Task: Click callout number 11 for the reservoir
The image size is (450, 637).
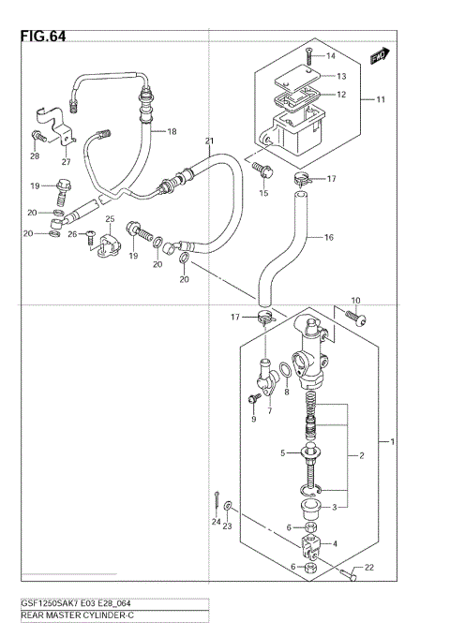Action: coord(382,99)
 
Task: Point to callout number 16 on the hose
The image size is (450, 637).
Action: coord(329,238)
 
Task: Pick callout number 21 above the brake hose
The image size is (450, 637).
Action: coord(209,141)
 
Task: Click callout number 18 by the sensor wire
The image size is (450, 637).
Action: coord(172,132)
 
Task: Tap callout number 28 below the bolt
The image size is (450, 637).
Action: coord(35,156)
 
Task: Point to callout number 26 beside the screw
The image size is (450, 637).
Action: coord(71,234)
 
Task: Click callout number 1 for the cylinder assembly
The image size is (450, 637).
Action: coord(392,441)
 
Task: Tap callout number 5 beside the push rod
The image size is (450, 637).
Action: coord(255,453)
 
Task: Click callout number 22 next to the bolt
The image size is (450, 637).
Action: coord(369,567)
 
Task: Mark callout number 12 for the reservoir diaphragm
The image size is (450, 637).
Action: coord(342,95)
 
